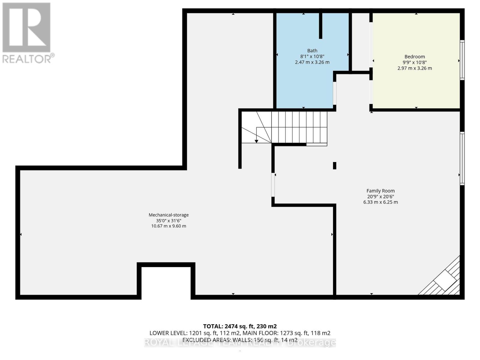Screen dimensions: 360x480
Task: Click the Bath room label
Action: click(x=312, y=51)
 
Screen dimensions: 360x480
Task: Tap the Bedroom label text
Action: click(x=415, y=56)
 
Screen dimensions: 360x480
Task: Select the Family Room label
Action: click(x=380, y=191)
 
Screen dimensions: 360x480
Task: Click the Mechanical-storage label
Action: click(x=169, y=215)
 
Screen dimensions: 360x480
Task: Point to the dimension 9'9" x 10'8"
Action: click(x=415, y=62)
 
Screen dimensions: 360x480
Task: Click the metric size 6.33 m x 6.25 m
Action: click(x=380, y=202)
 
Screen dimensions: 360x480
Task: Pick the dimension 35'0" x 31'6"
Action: click(x=169, y=220)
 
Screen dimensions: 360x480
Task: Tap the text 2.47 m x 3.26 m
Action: click(x=312, y=62)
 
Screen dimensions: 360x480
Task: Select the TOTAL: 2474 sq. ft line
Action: click(x=240, y=326)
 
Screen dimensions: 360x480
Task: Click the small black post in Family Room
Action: click(x=334, y=166)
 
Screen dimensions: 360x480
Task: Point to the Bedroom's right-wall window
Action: click(x=462, y=60)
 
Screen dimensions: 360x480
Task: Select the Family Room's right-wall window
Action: click(x=462, y=158)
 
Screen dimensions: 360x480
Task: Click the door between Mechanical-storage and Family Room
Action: click(x=273, y=185)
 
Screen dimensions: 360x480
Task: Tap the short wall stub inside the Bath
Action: click(x=320, y=26)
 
